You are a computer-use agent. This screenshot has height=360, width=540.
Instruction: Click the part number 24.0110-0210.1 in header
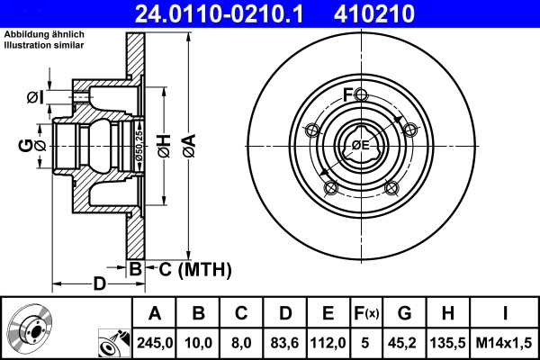click(232, 13)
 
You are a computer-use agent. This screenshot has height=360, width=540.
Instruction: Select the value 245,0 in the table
click(155, 342)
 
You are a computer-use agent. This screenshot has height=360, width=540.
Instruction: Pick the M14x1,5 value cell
click(504, 342)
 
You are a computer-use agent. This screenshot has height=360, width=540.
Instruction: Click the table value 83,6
click(283, 342)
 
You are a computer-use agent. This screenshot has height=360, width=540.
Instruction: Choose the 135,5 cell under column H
click(448, 342)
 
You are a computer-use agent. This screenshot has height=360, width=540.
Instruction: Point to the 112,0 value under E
click(328, 342)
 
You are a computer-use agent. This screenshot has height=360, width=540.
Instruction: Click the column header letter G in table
click(405, 314)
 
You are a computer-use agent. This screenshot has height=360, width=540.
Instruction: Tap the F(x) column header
click(366, 314)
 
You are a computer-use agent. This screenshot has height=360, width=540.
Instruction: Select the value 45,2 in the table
click(405, 342)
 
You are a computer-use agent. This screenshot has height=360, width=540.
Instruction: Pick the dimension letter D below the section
click(101, 284)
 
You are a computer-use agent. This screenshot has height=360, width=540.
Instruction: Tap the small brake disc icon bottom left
click(30, 328)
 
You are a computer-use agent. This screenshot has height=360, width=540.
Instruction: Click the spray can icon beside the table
click(112, 342)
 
